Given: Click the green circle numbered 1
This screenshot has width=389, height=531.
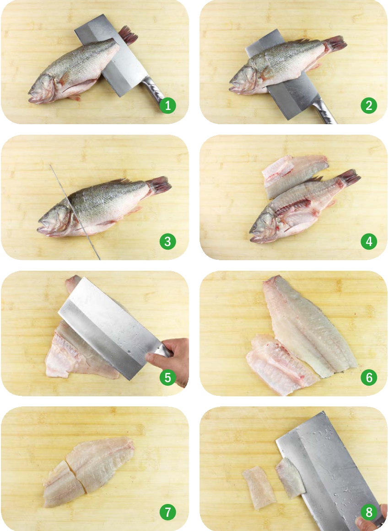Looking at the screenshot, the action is (168, 105).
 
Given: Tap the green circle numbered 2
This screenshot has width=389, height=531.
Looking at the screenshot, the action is (369, 105).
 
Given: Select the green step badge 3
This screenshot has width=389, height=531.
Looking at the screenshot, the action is (168, 241).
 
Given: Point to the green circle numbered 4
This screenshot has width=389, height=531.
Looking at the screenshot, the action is (369, 241).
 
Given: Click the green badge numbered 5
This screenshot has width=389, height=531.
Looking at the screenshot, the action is (168, 377).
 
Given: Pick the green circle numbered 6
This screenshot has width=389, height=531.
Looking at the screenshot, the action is (369, 377).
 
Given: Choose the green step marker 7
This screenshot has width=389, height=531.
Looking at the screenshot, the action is (168, 512).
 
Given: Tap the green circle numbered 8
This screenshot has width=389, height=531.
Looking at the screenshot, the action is (369, 512).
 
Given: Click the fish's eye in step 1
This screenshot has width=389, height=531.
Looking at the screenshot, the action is (47, 82).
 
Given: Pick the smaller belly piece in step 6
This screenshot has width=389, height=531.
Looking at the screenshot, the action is (281, 364).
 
